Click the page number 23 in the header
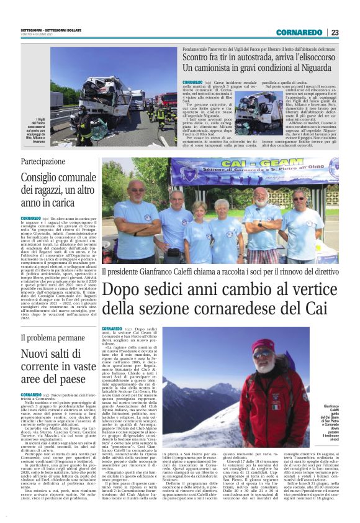[335, 32]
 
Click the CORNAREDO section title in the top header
[299, 32]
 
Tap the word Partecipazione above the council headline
[47, 161]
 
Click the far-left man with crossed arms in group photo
[135, 217]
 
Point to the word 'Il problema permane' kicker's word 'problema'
[52, 339]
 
